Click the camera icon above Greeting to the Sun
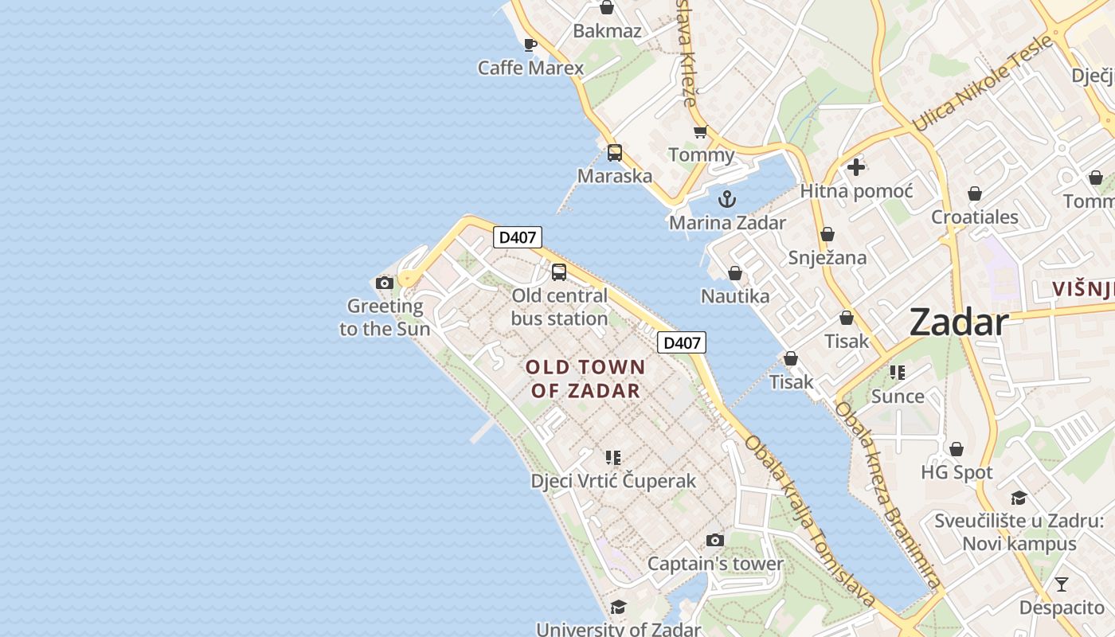(x=385, y=283)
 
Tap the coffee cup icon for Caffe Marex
(x=530, y=45)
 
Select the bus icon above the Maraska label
(x=615, y=153)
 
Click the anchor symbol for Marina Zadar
(x=726, y=199)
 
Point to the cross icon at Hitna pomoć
(x=856, y=167)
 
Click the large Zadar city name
(x=959, y=322)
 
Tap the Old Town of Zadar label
(x=585, y=378)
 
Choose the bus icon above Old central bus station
(x=559, y=272)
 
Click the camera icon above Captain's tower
(x=715, y=541)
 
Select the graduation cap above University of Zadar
(x=618, y=608)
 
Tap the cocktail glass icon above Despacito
(x=1061, y=584)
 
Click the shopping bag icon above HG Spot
(x=957, y=450)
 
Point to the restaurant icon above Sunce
(x=898, y=373)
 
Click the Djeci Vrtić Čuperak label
(x=613, y=481)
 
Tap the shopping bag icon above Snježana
(x=827, y=235)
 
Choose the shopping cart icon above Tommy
(x=700, y=131)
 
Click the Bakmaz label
(x=607, y=31)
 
